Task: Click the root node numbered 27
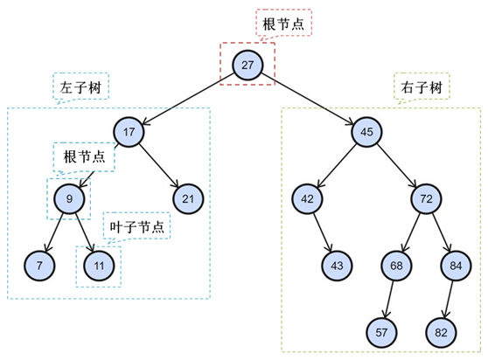click(247, 65)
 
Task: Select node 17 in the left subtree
click(129, 132)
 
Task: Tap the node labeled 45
click(366, 132)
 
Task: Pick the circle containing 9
click(69, 198)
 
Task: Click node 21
click(188, 198)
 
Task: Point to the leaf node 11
click(99, 266)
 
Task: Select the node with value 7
click(39, 266)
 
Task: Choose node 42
click(307, 198)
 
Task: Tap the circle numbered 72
click(427, 198)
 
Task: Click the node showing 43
click(337, 266)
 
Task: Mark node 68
click(396, 266)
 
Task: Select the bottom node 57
click(381, 333)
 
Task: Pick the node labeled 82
click(441, 333)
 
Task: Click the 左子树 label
click(80, 87)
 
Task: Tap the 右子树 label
click(422, 87)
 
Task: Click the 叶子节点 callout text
click(136, 227)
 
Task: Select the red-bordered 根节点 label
click(282, 24)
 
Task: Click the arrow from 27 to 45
click(308, 99)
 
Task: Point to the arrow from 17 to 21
click(159, 166)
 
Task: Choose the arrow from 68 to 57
click(389, 300)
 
